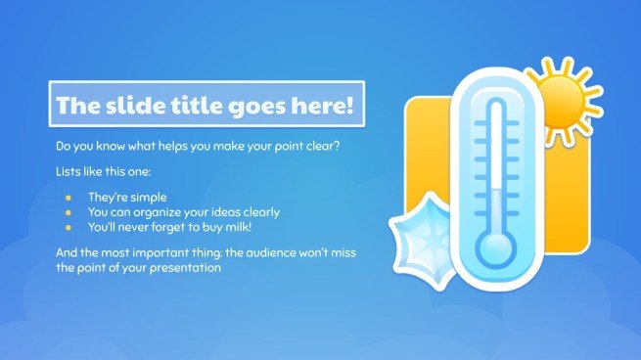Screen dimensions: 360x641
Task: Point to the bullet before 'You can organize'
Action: coord(68,212)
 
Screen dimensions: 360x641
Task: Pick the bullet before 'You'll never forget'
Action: coord(68,227)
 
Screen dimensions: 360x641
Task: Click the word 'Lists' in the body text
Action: coord(69,172)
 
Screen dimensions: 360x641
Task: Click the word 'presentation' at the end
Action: coord(184,269)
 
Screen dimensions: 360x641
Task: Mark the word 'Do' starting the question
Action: coord(64,147)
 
